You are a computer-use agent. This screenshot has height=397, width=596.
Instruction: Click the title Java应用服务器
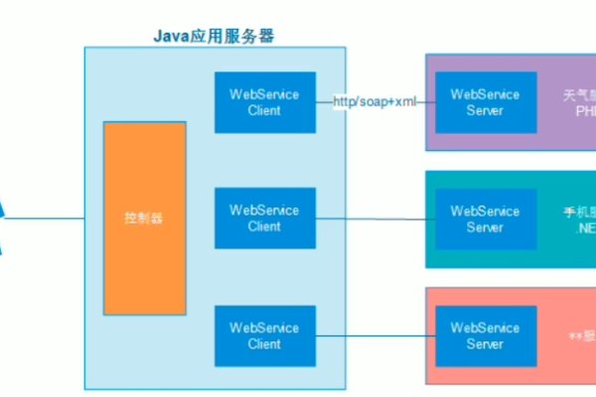[214, 37]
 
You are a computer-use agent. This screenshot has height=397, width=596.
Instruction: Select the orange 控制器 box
[144, 217]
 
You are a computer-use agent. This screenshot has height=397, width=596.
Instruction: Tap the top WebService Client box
[264, 102]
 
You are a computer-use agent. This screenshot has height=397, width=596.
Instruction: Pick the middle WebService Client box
[264, 218]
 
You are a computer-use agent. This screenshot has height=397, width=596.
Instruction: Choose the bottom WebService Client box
[264, 335]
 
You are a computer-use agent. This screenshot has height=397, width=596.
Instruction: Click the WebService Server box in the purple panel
[485, 102]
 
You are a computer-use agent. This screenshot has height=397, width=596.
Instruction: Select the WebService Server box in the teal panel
[485, 218]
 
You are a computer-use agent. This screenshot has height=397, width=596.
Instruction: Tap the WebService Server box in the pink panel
[485, 335]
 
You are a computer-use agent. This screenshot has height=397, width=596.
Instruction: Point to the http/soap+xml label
[374, 102]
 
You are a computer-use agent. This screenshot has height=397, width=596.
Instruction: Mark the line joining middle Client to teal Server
[373, 219]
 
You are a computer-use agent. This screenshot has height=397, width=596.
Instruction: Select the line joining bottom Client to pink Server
[373, 335]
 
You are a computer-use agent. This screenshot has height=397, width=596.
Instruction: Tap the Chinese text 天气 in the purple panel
[571, 95]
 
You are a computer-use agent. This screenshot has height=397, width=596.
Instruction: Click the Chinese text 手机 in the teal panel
[571, 211]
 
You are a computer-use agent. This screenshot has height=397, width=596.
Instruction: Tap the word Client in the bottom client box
[264, 343]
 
